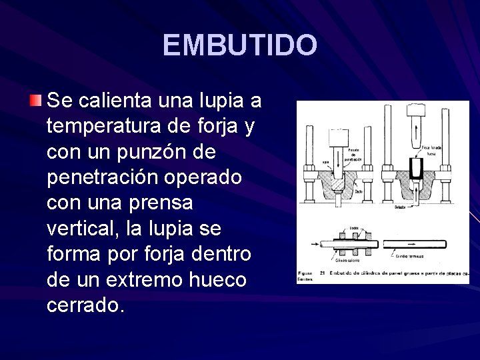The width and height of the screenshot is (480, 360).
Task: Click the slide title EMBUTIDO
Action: [239, 45]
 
